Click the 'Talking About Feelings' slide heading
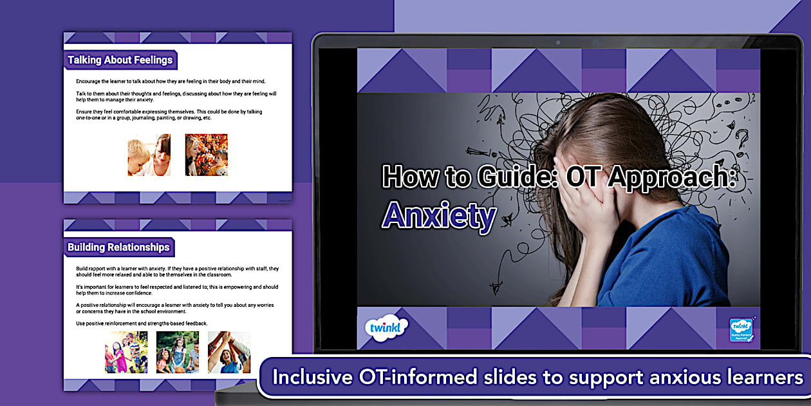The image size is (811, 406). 120,61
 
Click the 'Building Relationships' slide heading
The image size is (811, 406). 118,247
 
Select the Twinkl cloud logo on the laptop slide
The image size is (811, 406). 386,327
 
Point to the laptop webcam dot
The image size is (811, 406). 557,43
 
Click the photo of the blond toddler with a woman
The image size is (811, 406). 149,155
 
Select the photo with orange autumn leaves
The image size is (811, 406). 207,155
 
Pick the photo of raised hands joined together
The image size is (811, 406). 228,353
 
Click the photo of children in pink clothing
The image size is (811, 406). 126,353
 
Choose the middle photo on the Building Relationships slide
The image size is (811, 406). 177,353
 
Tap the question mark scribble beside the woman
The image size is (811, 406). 742,139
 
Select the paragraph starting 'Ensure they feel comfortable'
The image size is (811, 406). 169,115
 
